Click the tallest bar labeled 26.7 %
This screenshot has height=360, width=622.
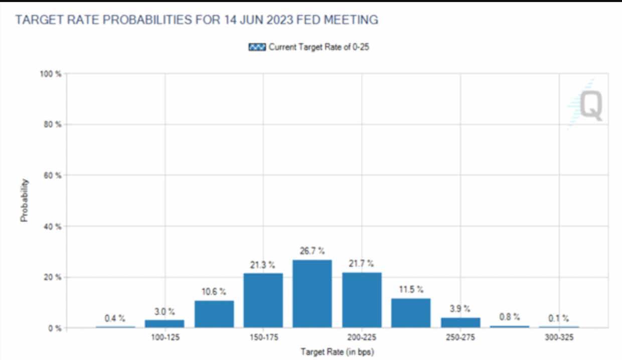(x=312, y=294)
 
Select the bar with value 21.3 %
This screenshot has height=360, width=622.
(x=263, y=300)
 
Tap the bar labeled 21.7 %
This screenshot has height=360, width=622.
(x=362, y=300)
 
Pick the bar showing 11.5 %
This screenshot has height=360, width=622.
(x=411, y=313)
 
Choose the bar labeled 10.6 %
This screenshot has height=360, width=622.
(x=214, y=314)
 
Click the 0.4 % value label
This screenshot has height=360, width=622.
(x=115, y=318)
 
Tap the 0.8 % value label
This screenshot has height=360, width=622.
(x=509, y=317)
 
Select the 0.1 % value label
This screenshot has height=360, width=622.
(x=558, y=318)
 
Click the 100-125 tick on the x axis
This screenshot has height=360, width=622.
(x=165, y=337)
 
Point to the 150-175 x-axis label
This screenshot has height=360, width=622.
(x=263, y=337)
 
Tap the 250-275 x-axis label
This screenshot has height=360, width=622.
(x=460, y=337)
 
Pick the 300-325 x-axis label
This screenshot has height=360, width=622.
(x=558, y=337)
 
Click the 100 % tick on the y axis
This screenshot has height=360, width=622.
(x=51, y=74)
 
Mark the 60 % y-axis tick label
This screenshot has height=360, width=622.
(x=52, y=175)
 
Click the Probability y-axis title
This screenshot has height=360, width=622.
(x=24, y=201)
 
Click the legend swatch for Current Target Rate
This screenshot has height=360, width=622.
(x=257, y=48)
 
